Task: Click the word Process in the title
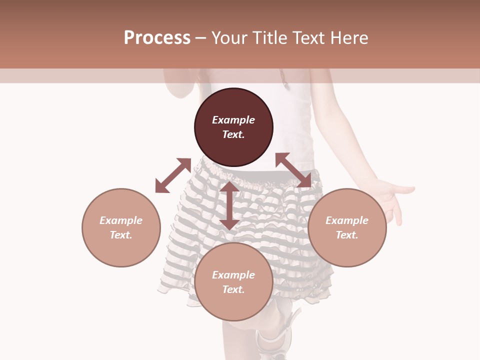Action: [x=157, y=38]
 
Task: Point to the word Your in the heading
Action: [x=229, y=38]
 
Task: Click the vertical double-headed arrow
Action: [x=229, y=205]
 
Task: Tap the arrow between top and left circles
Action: [x=173, y=175]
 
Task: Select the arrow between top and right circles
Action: [x=293, y=170]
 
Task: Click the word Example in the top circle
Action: [x=233, y=120]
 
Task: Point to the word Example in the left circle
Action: [x=121, y=220]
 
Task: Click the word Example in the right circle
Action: [x=347, y=220]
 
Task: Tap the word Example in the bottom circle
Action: [x=233, y=275]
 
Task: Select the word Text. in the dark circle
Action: [x=233, y=134]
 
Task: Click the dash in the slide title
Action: [x=201, y=38]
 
